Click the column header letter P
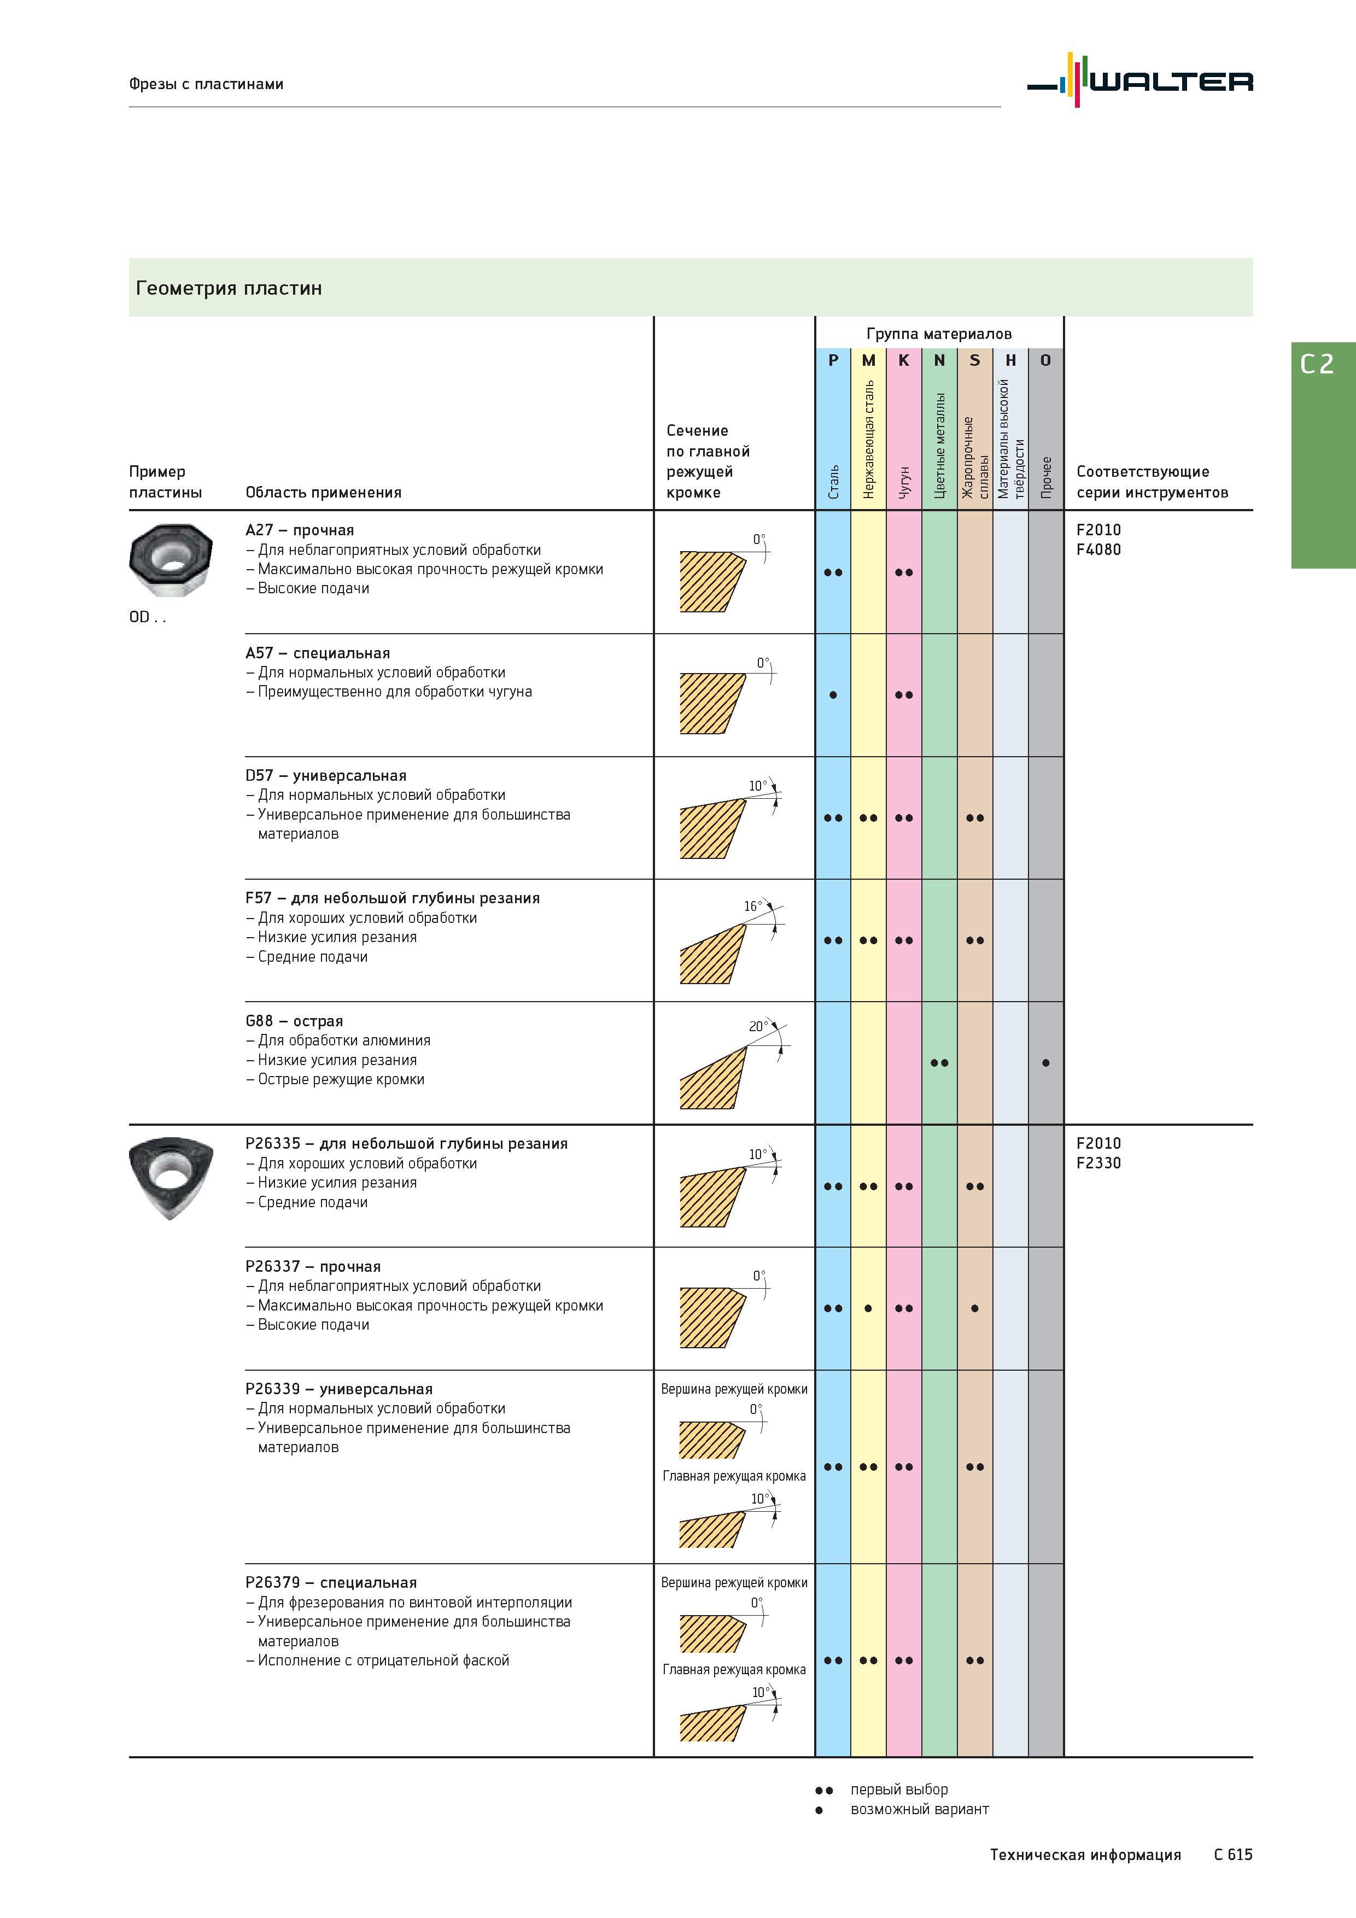pyautogui.click(x=833, y=361)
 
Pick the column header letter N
pyautogui.click(x=939, y=361)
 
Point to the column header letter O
pyautogui.click(x=1045, y=361)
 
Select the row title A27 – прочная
pyautogui.click(x=300, y=530)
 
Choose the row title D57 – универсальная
pyautogui.click(x=326, y=776)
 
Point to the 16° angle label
pyautogui.click(x=751, y=907)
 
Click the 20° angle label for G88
pyautogui.click(x=757, y=1027)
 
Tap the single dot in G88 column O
pyautogui.click(x=1045, y=1063)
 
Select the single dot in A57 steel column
pyautogui.click(x=833, y=695)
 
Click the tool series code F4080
pyautogui.click(x=1098, y=549)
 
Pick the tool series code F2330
pyautogui.click(x=1098, y=1163)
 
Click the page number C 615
pyautogui.click(x=1233, y=1855)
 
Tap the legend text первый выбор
pyautogui.click(x=899, y=1790)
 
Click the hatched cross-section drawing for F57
pyautogui.click(x=712, y=953)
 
